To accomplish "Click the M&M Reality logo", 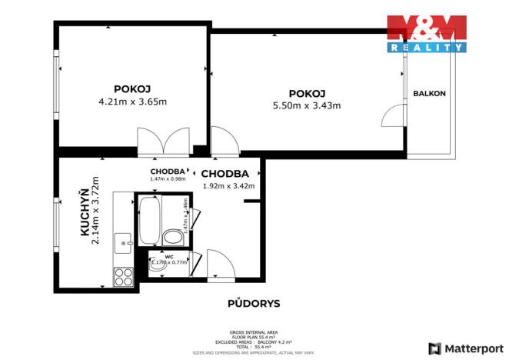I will click(426, 33).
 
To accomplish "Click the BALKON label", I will click(429, 94).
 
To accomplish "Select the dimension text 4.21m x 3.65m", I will click(131, 102).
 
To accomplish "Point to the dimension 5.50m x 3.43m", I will click(307, 106).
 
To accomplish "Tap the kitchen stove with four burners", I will click(124, 276).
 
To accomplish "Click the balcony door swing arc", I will click(392, 117).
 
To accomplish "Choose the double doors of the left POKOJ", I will click(163, 142).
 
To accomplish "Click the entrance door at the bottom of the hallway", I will click(221, 265).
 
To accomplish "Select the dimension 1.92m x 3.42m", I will click(228, 185).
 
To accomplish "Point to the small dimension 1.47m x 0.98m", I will click(168, 178).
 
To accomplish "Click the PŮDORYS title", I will click(254, 303).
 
